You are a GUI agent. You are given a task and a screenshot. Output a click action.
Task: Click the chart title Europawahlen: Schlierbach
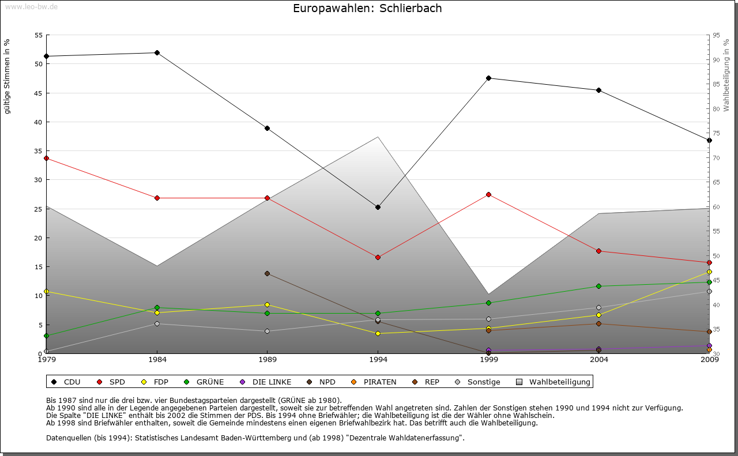pos(367,8)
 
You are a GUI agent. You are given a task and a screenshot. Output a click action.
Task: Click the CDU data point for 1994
pos(378,207)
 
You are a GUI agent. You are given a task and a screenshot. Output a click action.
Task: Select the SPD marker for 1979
pos(46,158)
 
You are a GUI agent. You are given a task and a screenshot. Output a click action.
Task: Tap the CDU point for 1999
pos(488,78)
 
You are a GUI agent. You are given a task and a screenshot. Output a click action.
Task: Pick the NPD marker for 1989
pos(267,273)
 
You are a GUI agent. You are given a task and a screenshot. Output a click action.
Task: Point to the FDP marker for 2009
pos(709,272)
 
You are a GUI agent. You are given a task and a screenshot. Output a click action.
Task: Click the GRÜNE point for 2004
pos(599,286)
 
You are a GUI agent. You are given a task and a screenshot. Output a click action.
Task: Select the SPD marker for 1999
pos(488,194)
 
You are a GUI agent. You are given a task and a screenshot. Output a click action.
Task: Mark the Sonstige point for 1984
pos(157,323)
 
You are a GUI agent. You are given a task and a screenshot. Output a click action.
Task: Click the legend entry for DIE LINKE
pos(272,382)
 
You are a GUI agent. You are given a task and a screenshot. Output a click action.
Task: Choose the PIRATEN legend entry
pos(379,382)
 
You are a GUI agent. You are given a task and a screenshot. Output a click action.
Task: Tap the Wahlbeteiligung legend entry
pos(559,382)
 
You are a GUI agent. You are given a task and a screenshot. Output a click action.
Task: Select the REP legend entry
pos(432,382)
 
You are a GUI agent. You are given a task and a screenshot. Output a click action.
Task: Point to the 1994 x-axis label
pos(378,360)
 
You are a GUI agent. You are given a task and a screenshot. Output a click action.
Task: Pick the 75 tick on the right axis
pos(716,133)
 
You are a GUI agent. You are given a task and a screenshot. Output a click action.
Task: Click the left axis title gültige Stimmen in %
pos(7,76)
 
